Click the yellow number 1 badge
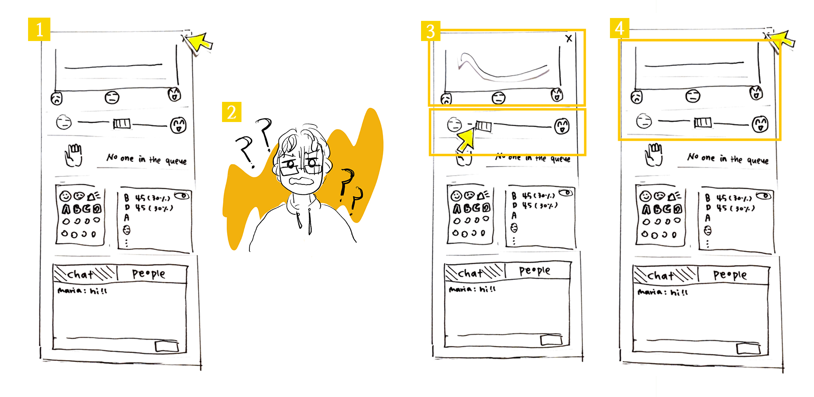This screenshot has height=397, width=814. [x=39, y=29]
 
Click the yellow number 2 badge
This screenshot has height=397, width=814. [x=231, y=112]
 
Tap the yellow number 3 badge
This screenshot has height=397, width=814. [x=430, y=31]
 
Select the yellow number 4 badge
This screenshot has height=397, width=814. [x=619, y=28]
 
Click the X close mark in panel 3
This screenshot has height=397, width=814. [x=569, y=39]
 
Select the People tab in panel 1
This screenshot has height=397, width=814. [x=149, y=274]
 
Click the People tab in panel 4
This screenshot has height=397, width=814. [x=730, y=275]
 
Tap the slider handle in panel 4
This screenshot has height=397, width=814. [x=703, y=123]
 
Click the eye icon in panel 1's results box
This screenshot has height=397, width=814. [x=182, y=196]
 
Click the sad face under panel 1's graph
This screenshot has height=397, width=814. [x=56, y=98]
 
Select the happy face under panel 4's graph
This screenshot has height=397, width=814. [x=756, y=93]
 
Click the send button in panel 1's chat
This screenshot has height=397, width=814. [x=167, y=346]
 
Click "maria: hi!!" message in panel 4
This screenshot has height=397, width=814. [x=662, y=292]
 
